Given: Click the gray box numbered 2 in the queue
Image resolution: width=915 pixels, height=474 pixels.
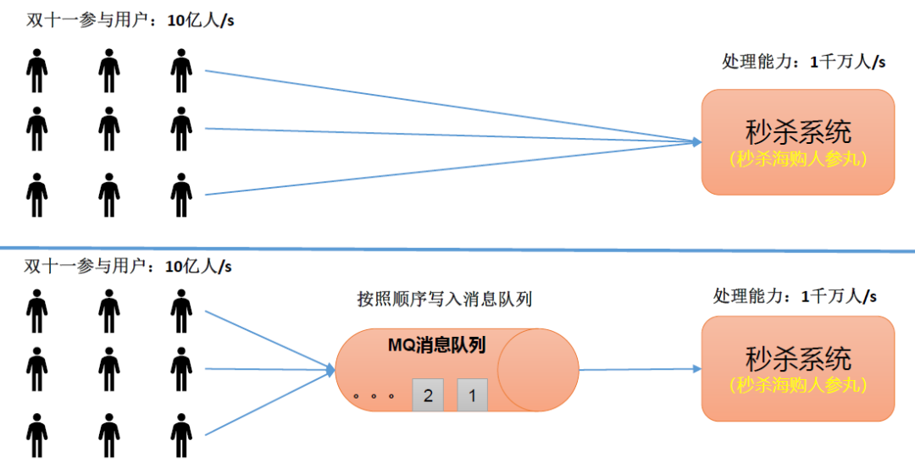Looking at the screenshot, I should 428,395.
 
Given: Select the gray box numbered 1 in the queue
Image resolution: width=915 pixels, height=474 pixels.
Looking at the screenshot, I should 473,395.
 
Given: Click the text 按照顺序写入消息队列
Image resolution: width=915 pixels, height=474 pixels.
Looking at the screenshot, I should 444,299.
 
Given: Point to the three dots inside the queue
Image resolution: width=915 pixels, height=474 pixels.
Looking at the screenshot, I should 374,395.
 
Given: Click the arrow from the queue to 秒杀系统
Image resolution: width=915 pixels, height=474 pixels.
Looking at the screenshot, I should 640,369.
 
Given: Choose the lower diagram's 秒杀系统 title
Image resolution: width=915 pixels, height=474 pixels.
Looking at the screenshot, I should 797,358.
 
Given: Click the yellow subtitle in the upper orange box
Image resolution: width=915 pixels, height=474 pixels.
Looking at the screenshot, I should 797,158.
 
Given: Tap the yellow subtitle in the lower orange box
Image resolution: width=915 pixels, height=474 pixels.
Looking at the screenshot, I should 797,385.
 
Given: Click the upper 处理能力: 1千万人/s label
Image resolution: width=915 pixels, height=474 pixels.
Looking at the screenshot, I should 803,62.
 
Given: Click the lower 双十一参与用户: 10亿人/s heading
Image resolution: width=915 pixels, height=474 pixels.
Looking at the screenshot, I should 128,267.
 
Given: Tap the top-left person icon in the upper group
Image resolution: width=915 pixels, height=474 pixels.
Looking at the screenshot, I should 36,70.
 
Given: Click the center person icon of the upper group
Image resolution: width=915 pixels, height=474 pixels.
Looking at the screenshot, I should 108,129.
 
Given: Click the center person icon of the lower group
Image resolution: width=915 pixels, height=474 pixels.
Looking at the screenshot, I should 108,368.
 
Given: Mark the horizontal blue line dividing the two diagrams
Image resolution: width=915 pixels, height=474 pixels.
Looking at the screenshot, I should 457,250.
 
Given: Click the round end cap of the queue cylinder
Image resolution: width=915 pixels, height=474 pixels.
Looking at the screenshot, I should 537,369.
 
